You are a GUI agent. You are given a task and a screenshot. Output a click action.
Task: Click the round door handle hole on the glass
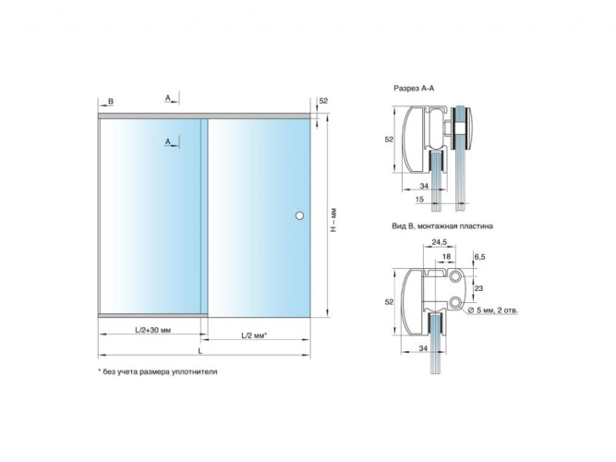coord(299,215)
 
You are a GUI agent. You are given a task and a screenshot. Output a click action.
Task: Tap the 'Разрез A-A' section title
coord(414,89)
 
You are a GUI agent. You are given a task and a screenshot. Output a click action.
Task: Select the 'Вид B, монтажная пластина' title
coord(442,226)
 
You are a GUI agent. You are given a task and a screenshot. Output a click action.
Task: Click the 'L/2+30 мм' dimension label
coord(152,330)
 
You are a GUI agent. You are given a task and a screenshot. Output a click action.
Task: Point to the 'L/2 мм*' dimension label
coord(254,335)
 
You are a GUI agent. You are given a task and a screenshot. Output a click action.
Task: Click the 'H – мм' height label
coord(333,219)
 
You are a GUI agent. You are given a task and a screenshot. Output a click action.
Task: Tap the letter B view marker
coord(111,102)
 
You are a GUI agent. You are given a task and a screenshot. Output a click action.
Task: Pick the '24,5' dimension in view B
coord(440,242)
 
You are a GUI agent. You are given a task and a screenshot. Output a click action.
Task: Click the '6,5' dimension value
coord(479,257)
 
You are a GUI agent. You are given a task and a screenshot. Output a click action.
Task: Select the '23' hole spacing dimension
coord(478,288)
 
